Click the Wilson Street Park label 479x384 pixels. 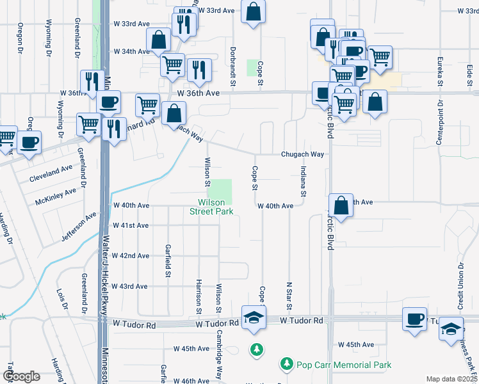point(211,207)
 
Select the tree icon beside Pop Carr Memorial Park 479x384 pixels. point(286,364)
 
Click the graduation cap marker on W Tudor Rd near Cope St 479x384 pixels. point(254,318)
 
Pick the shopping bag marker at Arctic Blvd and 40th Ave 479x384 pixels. point(342,206)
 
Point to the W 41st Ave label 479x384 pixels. point(131,225)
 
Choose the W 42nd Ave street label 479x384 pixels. point(131,255)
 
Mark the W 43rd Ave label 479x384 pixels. point(131,286)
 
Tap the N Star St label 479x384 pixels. point(289,294)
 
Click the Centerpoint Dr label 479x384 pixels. point(440,122)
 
